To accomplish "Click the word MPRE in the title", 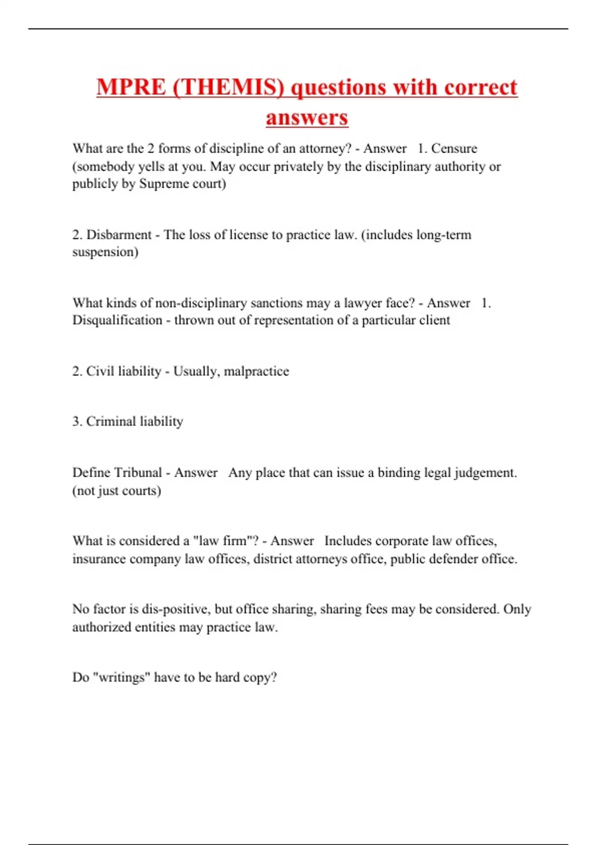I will (131, 87).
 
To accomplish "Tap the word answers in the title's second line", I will (307, 118).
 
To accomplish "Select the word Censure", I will (454, 149).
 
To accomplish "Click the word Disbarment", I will (119, 235).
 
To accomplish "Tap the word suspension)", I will (105, 252).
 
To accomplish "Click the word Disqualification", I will (117, 320).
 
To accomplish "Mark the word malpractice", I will (256, 371).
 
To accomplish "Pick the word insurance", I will (99, 559).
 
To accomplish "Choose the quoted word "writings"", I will (118, 677).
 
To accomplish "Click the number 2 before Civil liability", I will (77, 371).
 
